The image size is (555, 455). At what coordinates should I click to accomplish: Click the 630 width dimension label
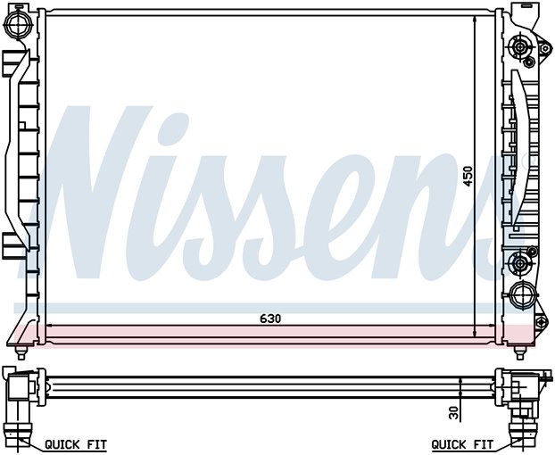(270, 318)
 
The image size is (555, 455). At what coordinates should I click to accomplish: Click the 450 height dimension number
(468, 176)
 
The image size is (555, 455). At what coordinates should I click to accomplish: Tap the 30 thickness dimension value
(454, 412)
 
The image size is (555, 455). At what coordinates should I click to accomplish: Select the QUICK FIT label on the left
(76, 444)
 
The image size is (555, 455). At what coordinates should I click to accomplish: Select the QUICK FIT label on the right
(462, 444)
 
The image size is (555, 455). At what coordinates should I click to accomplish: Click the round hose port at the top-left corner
(17, 24)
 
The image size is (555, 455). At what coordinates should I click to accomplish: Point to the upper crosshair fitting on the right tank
(520, 46)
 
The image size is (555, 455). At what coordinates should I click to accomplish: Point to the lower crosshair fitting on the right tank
(519, 263)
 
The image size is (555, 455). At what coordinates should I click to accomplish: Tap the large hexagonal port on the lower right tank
(521, 294)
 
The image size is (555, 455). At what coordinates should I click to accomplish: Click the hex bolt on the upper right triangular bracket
(545, 48)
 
